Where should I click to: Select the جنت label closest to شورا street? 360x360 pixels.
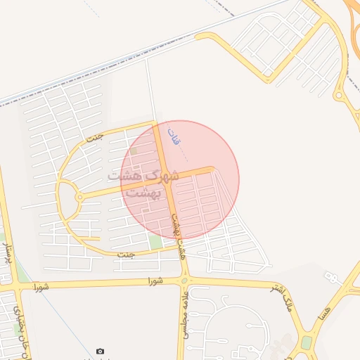[x=127, y=254]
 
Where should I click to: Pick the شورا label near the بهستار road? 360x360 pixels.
[x=40, y=286]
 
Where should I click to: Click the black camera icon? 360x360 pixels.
[x=100, y=351]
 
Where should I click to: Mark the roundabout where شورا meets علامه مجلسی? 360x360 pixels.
[x=185, y=281]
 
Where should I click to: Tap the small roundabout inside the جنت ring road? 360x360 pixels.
[x=79, y=198]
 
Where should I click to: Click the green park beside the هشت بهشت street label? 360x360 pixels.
[x=155, y=243]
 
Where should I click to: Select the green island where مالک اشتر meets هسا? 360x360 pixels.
[x=307, y=343]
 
